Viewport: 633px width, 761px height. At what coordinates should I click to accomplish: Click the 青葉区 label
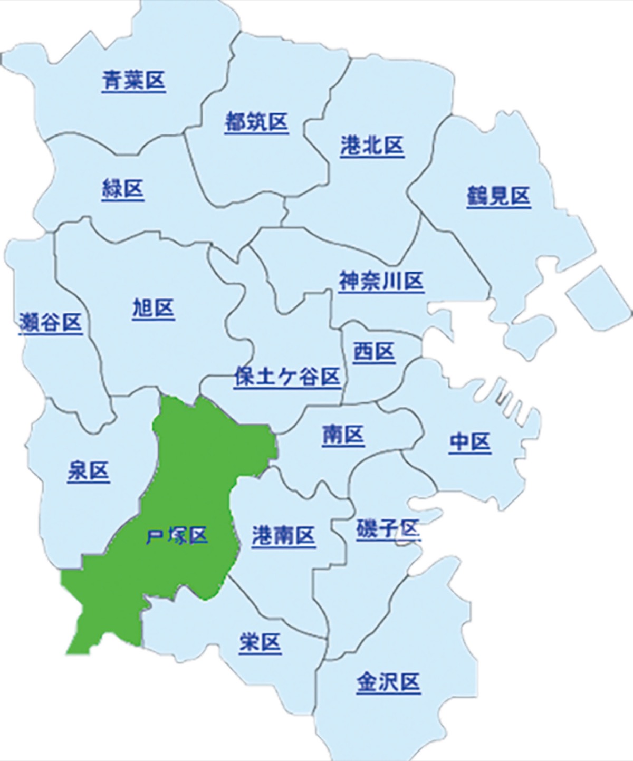coord(133,81)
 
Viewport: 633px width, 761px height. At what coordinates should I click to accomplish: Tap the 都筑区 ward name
coord(256,122)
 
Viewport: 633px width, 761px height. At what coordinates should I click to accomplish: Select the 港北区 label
coord(372,146)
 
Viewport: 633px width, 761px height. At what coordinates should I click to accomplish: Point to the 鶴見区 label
coord(498,196)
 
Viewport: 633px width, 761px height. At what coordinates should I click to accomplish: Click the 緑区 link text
coord(122,189)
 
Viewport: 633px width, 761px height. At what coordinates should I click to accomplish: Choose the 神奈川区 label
coord(381,281)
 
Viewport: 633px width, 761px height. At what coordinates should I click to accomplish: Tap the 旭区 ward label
coord(153,308)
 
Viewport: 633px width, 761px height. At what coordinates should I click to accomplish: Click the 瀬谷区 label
coord(51,322)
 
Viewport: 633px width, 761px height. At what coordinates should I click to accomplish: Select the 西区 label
coord(373,351)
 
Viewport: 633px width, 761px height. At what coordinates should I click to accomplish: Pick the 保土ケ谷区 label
coord(287,377)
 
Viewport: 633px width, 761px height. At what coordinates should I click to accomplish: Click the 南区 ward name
coord(343,436)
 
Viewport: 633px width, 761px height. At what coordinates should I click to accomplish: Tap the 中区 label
coord(470,442)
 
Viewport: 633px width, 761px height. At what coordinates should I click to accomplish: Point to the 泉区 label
coord(88,470)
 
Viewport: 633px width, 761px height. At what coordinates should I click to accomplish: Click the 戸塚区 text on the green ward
coord(177,536)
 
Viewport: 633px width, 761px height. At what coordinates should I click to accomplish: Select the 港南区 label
coord(283,536)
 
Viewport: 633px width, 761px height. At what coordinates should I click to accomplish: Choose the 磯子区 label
coord(388,528)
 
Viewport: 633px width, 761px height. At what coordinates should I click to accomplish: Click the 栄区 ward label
coord(260,642)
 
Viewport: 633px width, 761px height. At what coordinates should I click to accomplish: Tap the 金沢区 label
coord(388,682)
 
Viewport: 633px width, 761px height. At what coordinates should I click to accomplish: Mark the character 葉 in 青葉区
coord(133,81)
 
